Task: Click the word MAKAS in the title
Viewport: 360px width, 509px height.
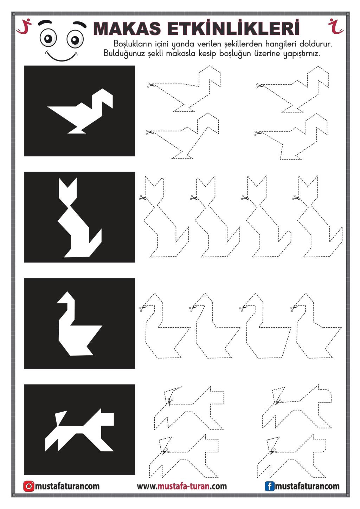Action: pos(127,28)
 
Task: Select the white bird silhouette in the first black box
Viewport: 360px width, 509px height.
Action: pos(80,111)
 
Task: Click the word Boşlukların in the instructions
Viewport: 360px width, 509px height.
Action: pos(133,43)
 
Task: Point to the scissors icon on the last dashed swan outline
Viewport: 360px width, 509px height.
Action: pos(293,308)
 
